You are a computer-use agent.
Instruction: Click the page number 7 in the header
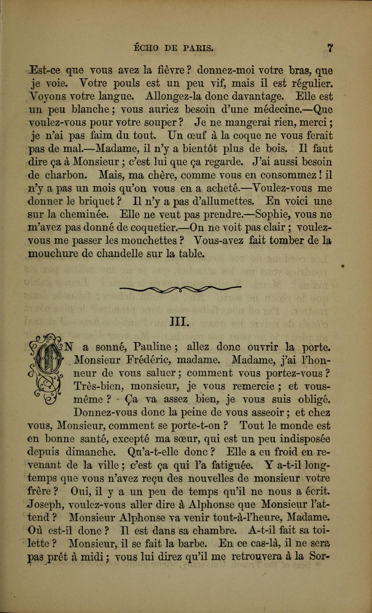(330, 48)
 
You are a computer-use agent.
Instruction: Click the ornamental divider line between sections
(180, 289)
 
